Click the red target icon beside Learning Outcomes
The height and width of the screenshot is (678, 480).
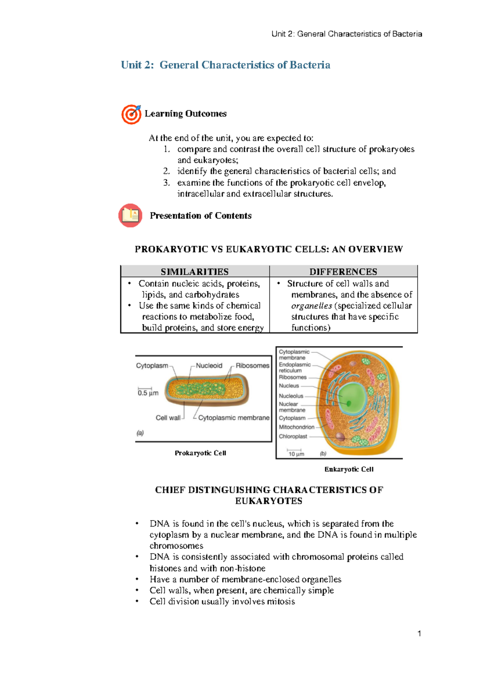pyautogui.click(x=131, y=114)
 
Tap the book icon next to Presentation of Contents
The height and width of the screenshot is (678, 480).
pyautogui.click(x=130, y=215)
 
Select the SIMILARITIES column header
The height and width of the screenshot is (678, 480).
pyautogui.click(x=194, y=272)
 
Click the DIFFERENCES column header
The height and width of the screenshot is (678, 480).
pyautogui.click(x=343, y=272)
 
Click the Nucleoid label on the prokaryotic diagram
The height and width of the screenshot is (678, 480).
pyautogui.click(x=209, y=366)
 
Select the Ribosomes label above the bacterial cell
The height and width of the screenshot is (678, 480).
pyautogui.click(x=252, y=366)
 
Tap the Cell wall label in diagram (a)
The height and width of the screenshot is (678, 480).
pyautogui.click(x=168, y=418)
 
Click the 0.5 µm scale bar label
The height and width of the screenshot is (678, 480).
pyautogui.click(x=148, y=393)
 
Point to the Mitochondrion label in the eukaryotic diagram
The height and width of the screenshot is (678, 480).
pyautogui.click(x=296, y=427)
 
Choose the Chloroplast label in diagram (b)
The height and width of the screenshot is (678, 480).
pyautogui.click(x=293, y=437)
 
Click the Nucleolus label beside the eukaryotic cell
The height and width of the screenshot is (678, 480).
pyautogui.click(x=291, y=396)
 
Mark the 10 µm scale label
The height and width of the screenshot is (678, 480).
pyautogui.click(x=296, y=454)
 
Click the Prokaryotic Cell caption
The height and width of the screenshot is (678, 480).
pyautogui.click(x=200, y=453)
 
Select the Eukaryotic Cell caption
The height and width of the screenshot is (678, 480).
pyautogui.click(x=349, y=469)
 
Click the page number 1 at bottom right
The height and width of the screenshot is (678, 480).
pyautogui.click(x=419, y=634)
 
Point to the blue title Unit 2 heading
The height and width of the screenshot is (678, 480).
pyautogui.click(x=226, y=65)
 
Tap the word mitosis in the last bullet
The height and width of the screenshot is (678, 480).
pyautogui.click(x=281, y=602)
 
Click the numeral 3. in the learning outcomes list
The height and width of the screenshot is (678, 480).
pyautogui.click(x=166, y=183)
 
